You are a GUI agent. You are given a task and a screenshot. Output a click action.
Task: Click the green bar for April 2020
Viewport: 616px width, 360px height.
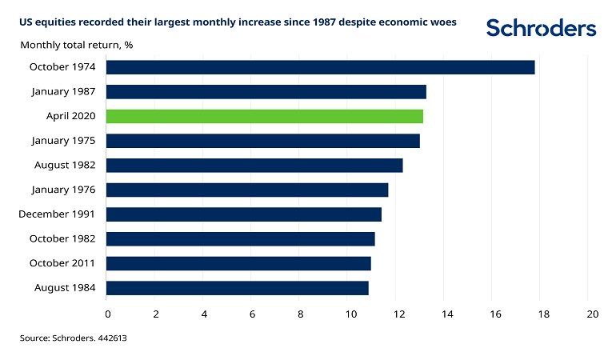pos(264,116)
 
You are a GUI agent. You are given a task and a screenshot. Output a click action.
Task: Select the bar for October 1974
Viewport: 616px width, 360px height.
pos(320,67)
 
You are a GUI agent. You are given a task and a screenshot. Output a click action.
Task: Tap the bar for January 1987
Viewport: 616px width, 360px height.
pos(266,91)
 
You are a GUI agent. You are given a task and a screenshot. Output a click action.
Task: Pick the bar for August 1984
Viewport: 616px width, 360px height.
pos(237,288)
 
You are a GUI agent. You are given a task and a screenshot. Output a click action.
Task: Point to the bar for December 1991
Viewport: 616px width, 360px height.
pos(243,214)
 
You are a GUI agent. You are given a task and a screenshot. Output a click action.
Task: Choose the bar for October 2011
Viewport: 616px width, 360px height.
pos(238,263)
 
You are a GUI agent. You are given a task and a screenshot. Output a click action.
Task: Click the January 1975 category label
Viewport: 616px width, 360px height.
pos(64,141)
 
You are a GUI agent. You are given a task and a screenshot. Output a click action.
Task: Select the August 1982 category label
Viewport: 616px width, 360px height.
pos(66,166)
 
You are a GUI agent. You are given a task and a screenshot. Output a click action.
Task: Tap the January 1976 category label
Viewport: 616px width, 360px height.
pos(64,190)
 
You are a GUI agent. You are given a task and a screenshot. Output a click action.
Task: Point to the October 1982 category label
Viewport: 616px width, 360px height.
pos(62,238)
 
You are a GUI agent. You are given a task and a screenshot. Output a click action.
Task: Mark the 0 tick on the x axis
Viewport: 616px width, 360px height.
pos(107,313)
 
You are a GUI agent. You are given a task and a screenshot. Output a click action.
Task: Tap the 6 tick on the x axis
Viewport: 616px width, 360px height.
pos(252,313)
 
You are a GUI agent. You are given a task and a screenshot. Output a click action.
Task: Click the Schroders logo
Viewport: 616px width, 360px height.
pos(541,28)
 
